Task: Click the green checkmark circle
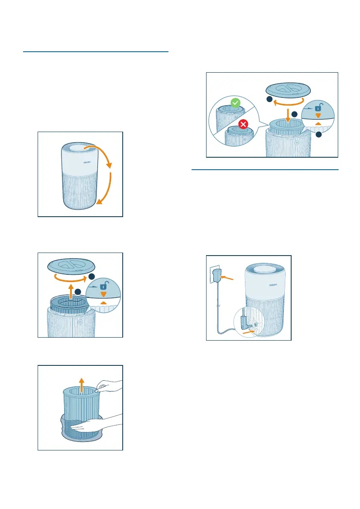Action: click(x=235, y=103)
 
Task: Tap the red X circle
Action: click(x=243, y=124)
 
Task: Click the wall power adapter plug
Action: click(x=217, y=276)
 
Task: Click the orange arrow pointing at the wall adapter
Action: click(x=227, y=278)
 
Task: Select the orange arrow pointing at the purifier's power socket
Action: click(x=249, y=332)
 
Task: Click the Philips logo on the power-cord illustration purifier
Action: click(x=273, y=285)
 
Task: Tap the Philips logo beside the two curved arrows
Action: click(x=87, y=162)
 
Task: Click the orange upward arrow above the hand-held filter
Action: click(x=82, y=385)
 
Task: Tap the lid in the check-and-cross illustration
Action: click(x=288, y=90)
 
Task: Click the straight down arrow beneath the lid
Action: click(x=288, y=116)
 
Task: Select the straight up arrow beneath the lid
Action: click(x=71, y=291)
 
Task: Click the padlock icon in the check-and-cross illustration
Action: click(x=319, y=107)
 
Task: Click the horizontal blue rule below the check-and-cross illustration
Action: click(x=265, y=169)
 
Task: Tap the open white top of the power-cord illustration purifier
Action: click(x=264, y=269)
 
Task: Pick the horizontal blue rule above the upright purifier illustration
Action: click(x=96, y=52)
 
